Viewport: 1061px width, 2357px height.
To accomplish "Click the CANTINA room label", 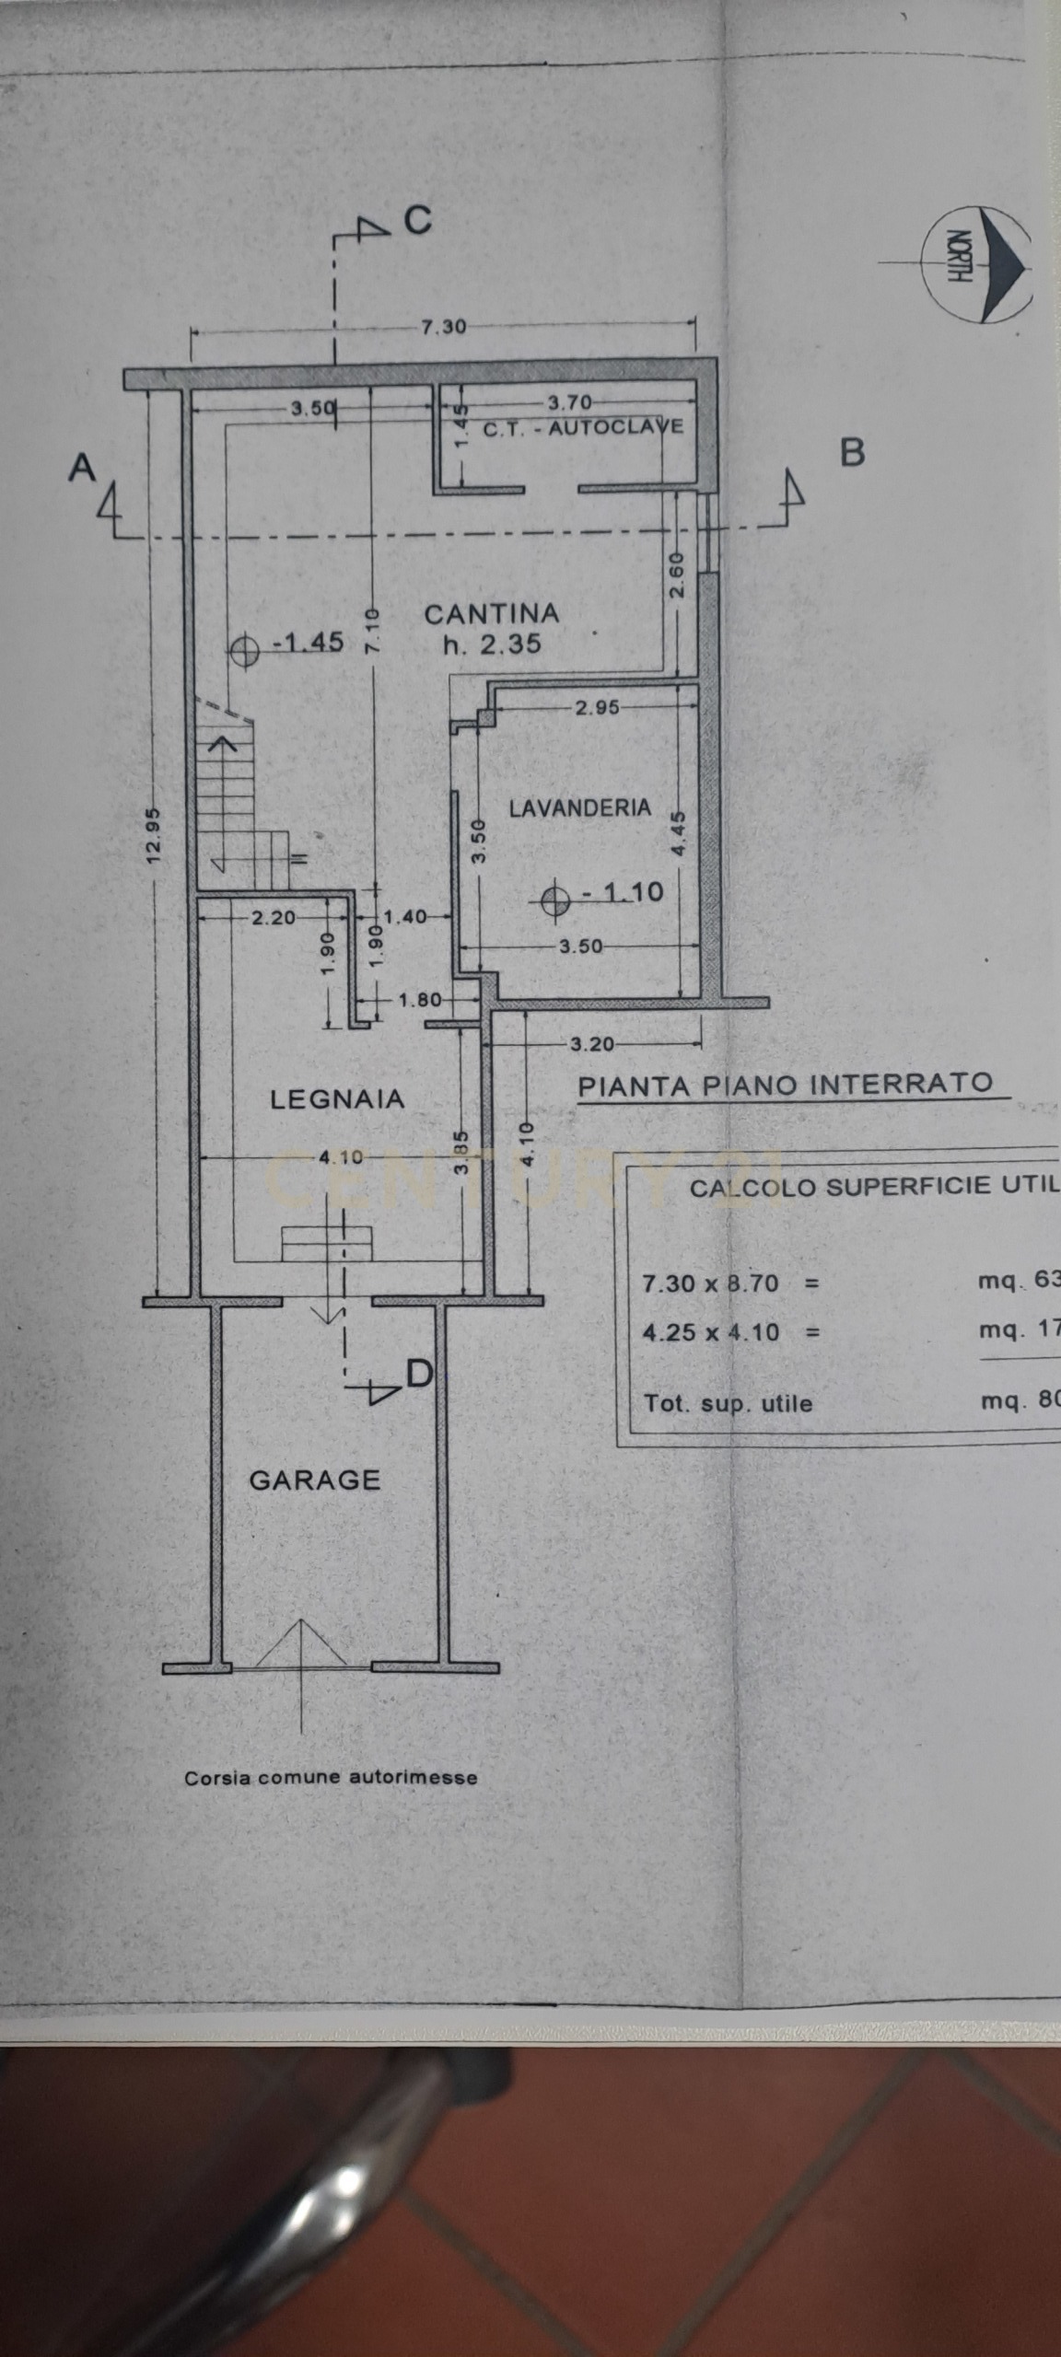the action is (491, 613).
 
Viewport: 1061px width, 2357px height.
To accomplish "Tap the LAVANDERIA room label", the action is (579, 807).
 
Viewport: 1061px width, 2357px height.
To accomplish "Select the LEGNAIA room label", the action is (337, 1098).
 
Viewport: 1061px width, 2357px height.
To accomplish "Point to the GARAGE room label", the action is (315, 1480).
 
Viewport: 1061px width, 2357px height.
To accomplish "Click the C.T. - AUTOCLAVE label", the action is (583, 427).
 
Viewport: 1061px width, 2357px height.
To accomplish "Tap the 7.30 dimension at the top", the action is (444, 327).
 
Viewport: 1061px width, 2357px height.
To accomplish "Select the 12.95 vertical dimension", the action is (154, 835).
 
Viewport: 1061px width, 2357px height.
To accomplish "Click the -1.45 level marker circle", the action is (244, 649).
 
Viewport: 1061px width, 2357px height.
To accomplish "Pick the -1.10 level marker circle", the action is (554, 899).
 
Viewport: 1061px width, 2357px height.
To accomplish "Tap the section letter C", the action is (418, 220).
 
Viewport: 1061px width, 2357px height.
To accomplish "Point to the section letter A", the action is (82, 468).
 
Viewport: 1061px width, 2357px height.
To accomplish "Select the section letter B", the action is (853, 452).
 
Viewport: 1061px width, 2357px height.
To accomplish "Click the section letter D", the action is (419, 1375).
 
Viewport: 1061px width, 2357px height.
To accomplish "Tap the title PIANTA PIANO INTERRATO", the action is (786, 1084).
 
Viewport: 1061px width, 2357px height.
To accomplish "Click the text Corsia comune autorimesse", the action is (331, 1777).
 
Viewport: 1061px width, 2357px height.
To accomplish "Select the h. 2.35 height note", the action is (492, 644).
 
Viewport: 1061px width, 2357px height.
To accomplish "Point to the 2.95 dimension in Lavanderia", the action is (597, 707).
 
